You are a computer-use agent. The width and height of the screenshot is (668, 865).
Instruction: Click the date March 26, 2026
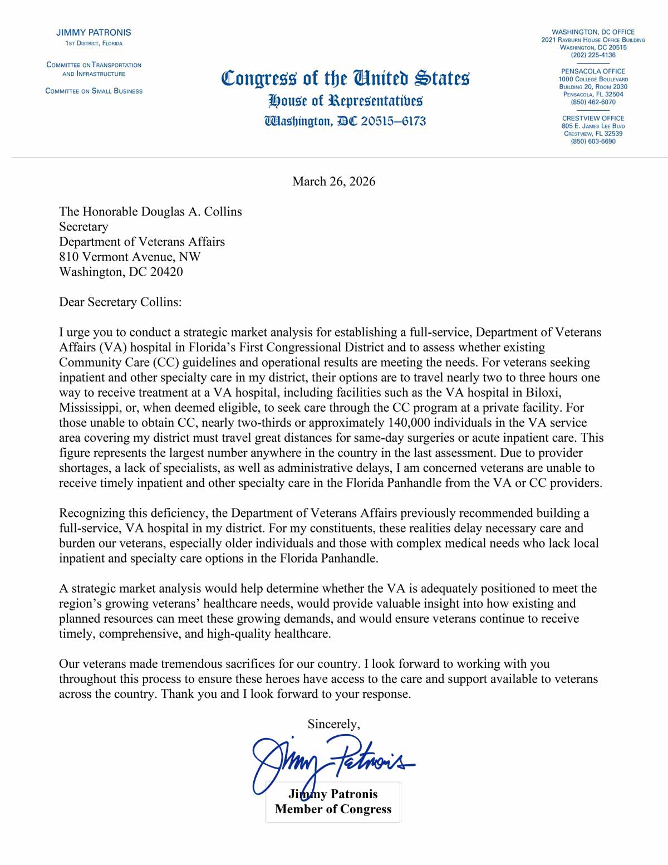point(333,182)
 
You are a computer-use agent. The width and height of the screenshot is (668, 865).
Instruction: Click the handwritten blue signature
point(328,760)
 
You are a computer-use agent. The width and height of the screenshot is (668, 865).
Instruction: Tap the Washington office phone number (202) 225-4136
point(593,55)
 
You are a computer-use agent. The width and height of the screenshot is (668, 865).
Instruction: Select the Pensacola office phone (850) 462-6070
point(593,102)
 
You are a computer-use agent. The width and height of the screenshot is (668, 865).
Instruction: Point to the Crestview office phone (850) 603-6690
point(593,141)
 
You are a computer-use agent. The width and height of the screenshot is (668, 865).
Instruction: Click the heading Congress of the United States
point(345,79)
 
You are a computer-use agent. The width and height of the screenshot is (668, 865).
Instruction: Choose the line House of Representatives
point(345,101)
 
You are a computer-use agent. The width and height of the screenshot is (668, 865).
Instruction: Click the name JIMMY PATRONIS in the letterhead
point(94,32)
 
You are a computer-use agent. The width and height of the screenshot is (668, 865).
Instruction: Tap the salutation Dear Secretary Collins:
point(120,302)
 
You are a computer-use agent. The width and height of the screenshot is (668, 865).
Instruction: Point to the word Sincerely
point(333,724)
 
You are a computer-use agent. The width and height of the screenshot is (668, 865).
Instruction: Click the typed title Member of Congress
point(333,809)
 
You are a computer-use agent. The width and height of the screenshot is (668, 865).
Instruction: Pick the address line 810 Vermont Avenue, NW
point(130,257)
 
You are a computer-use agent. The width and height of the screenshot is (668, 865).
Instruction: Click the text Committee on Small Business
point(94,91)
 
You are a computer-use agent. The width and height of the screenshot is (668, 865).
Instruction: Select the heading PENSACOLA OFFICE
point(593,71)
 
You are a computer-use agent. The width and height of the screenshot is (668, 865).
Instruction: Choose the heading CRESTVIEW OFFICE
point(593,118)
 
